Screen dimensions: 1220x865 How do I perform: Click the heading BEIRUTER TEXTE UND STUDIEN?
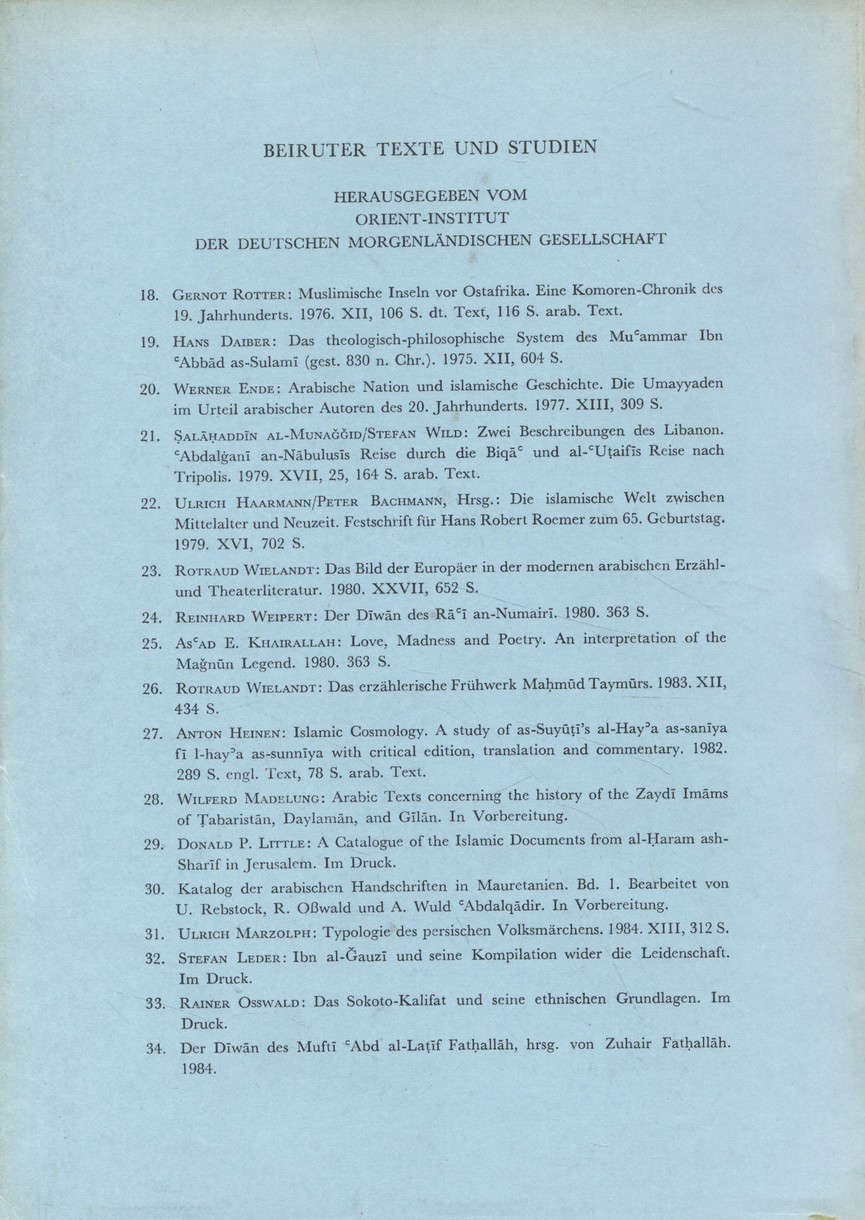click(430, 149)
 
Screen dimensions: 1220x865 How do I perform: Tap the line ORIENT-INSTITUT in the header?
click(431, 218)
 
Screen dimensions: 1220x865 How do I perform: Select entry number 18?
click(149, 295)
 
